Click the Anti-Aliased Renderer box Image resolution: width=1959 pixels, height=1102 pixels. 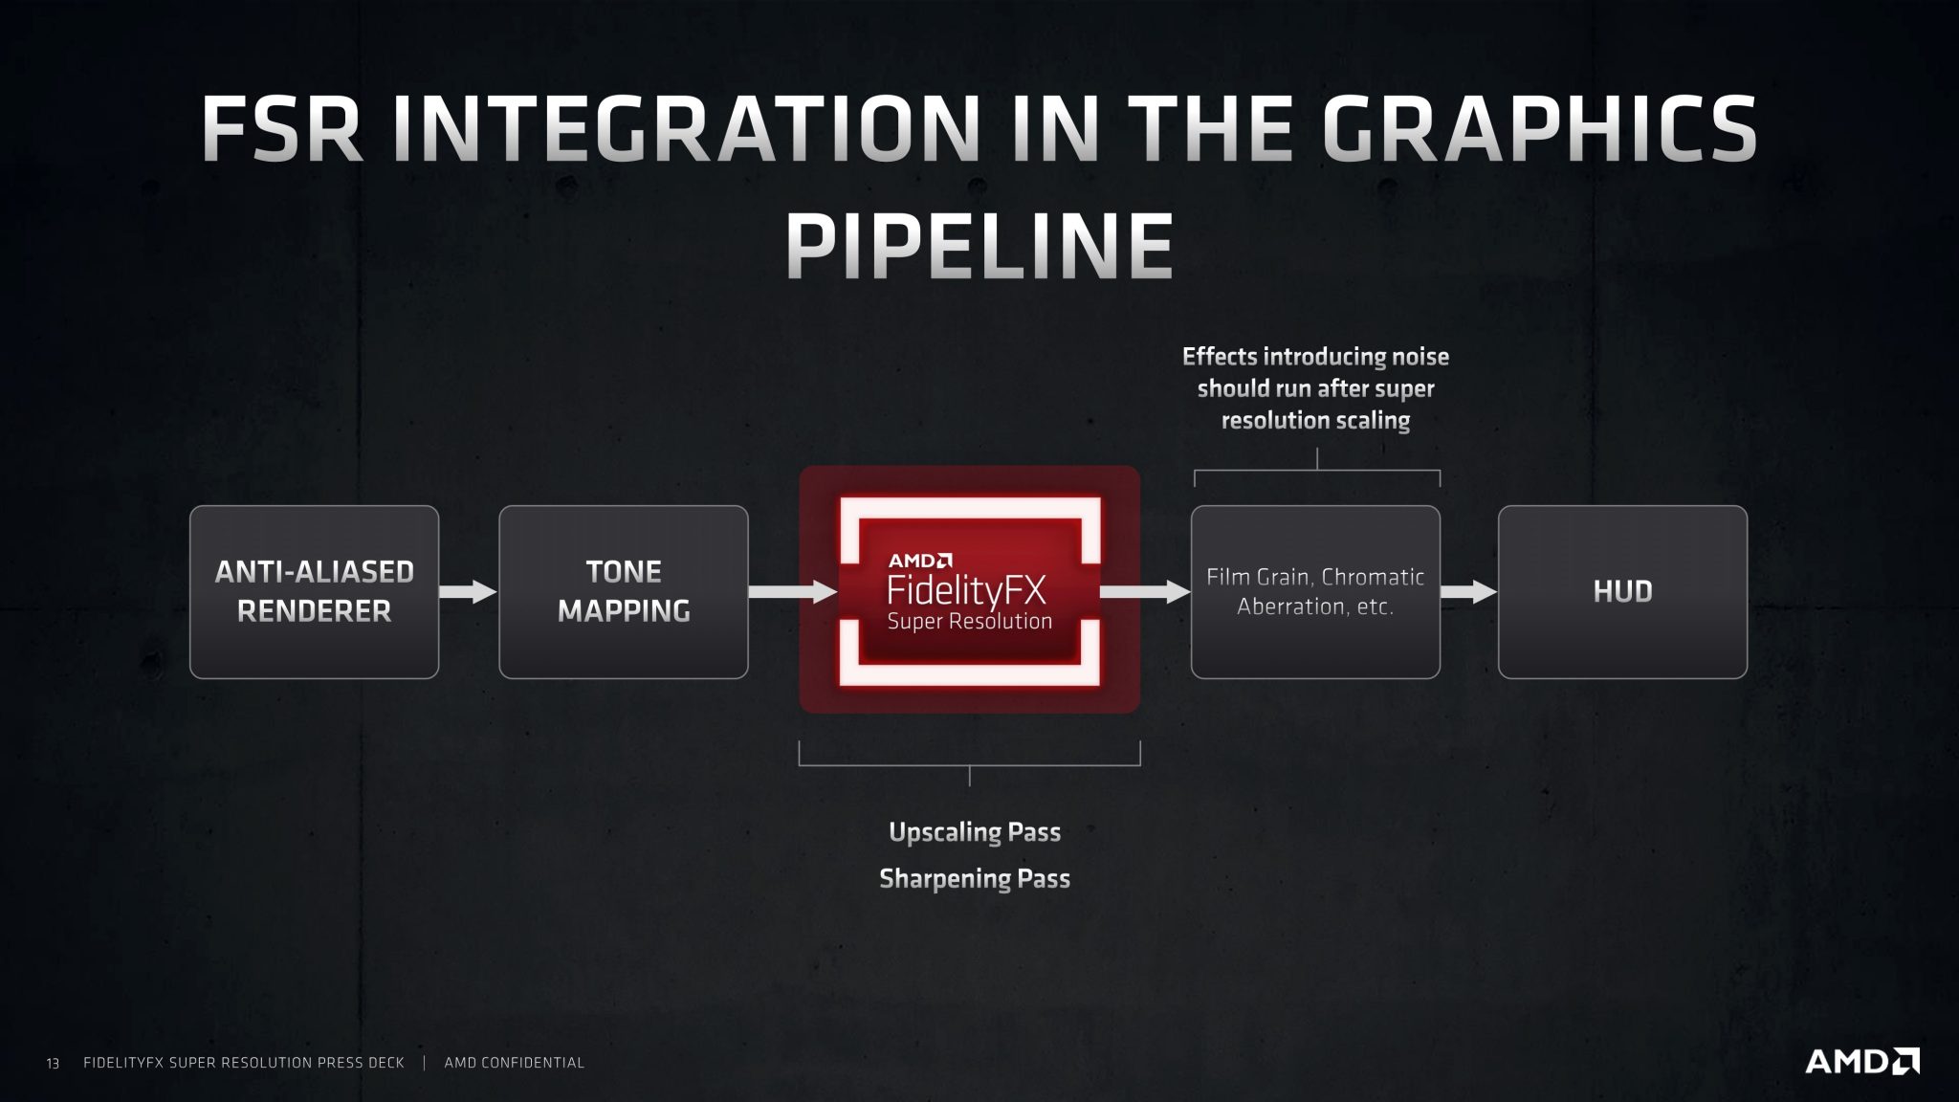(314, 591)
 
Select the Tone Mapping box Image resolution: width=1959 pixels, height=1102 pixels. (623, 591)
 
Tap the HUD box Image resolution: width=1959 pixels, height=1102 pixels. (1622, 591)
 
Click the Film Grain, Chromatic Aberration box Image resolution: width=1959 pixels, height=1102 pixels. (1315, 591)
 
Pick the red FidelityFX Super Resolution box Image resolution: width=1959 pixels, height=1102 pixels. (969, 590)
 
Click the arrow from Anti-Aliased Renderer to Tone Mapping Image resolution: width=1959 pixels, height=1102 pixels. (468, 591)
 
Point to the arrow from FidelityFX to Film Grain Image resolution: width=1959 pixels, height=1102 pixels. (1144, 591)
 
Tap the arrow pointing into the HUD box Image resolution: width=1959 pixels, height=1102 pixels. (1468, 591)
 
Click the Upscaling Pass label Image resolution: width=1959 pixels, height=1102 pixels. (974, 832)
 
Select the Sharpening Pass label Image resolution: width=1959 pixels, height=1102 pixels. (974, 878)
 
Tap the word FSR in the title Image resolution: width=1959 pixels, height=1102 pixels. (282, 129)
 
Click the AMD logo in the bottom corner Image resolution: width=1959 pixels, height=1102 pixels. (1860, 1061)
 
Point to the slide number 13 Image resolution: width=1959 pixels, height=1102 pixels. (53, 1063)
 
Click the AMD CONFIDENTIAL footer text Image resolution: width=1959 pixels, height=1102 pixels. (514, 1063)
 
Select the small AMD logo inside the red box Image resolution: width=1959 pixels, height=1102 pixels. (919, 561)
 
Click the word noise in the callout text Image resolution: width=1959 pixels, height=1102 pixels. (1412, 357)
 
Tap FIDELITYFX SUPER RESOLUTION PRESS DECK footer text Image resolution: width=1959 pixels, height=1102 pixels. (244, 1063)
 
